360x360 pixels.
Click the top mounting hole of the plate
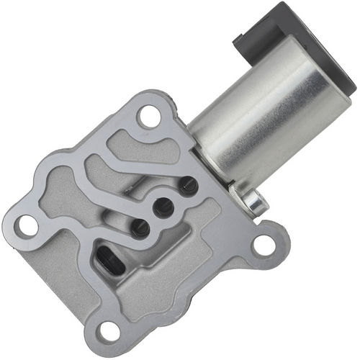[149, 115]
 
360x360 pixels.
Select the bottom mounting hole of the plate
[109, 330]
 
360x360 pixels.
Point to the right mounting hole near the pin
[264, 245]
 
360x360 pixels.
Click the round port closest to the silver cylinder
[189, 186]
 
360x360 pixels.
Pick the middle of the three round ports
[163, 207]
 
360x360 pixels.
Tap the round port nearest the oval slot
[140, 228]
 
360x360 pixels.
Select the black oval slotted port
[109, 259]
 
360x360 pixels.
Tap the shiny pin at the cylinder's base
[256, 204]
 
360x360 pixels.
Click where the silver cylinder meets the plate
[205, 155]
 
